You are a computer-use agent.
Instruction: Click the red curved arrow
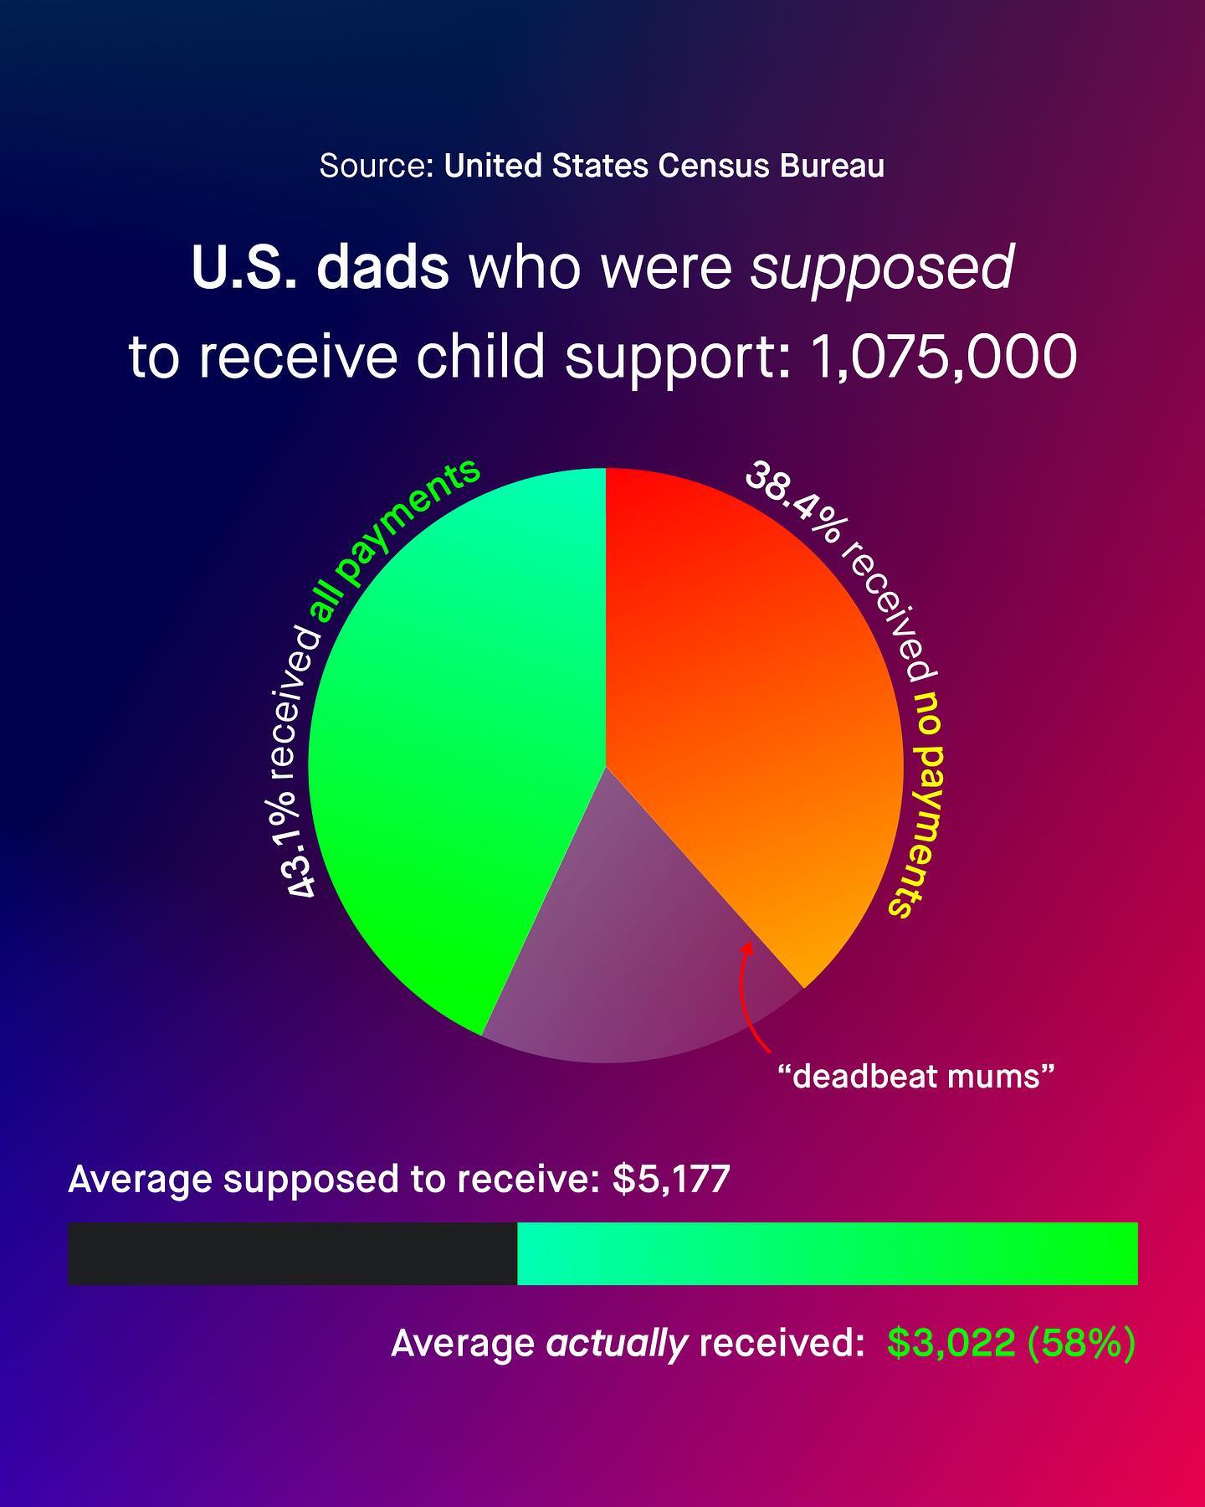749,996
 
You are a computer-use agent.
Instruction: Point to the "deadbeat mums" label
915,1076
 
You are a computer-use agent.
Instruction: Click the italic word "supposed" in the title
882,268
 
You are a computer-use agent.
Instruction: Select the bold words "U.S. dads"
320,268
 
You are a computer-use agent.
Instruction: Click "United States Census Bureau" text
664,166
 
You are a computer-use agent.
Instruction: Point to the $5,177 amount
671,1178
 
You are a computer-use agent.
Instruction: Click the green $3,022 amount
951,1343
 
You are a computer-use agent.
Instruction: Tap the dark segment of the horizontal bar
292,1253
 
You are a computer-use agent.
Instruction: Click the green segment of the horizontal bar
828,1253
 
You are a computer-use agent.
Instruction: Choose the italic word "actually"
617,1344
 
